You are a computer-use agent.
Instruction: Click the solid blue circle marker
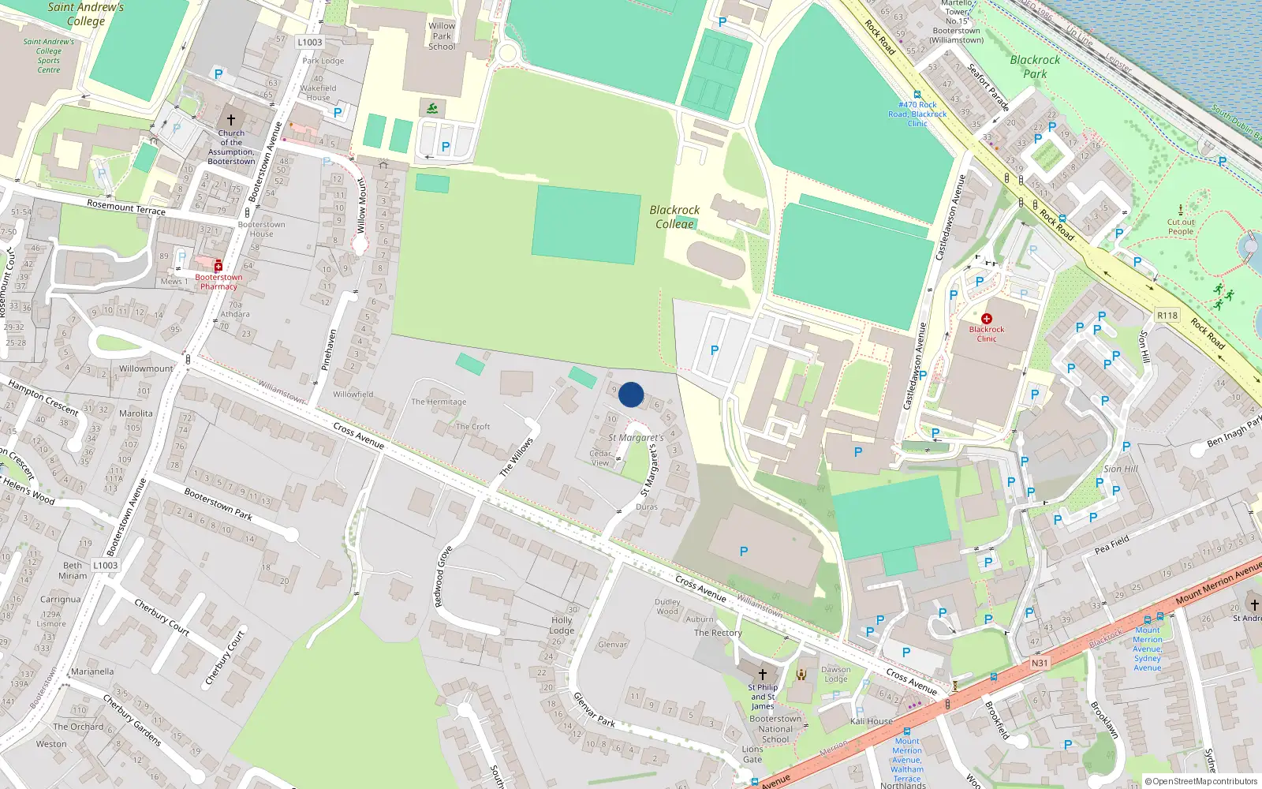pos(631,394)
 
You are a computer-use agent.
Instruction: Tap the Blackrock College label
pos(674,217)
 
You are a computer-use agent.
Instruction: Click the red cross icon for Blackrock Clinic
pos(986,319)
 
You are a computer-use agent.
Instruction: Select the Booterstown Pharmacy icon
pos(218,267)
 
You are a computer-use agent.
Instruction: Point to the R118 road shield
pos(1167,316)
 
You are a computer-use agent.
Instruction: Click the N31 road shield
pos(1040,664)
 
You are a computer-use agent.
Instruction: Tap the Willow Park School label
pos(442,36)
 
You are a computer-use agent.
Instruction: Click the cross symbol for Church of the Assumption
pos(231,120)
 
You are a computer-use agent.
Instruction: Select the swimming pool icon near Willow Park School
pos(431,108)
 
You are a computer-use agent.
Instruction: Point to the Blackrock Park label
pos(1036,67)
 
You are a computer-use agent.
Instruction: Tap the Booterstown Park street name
pos(218,504)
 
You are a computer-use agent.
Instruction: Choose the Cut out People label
pos(1181,227)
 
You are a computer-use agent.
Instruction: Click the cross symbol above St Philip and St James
pos(762,675)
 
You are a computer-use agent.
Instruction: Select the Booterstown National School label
pos(775,729)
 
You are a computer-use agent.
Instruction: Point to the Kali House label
pos(872,721)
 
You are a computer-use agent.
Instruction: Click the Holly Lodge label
pos(562,626)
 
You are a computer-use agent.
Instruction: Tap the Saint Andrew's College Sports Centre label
pos(49,56)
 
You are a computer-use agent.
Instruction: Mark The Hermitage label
pos(439,402)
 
